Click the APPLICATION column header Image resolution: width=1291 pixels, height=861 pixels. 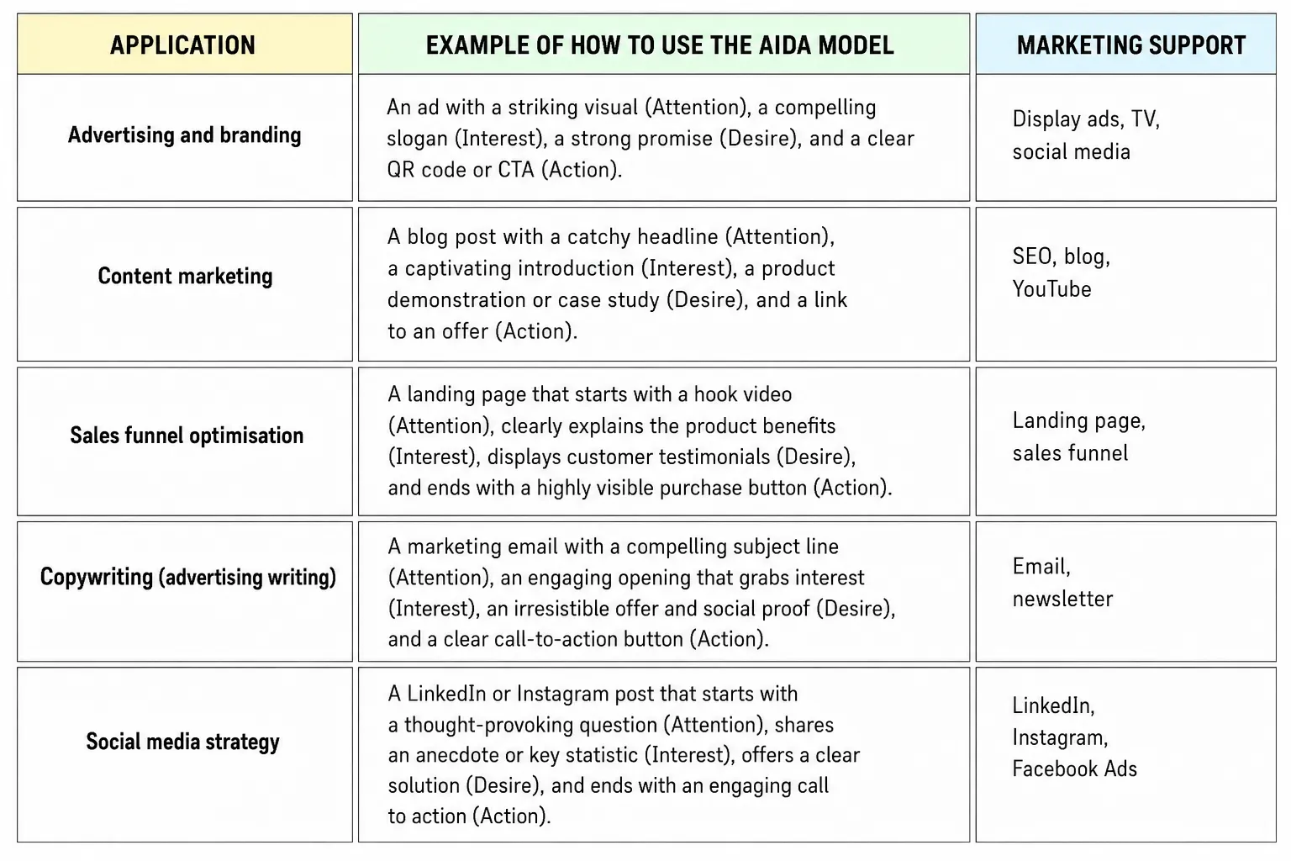pyautogui.click(x=182, y=45)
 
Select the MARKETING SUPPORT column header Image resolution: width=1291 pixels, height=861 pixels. pyautogui.click(x=1130, y=45)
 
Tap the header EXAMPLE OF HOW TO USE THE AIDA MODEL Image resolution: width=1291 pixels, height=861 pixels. pyautogui.click(x=660, y=45)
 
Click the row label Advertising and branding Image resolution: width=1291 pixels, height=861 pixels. pyautogui.click(x=184, y=135)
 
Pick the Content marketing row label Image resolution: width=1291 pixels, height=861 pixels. pyautogui.click(x=185, y=277)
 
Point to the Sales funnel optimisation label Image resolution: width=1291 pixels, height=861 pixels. pyautogui.click(x=187, y=436)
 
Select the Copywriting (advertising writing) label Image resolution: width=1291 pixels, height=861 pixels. pyautogui.click(x=188, y=577)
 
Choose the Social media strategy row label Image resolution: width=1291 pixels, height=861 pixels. pyautogui.click(x=182, y=742)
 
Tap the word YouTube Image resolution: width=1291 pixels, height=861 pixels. pyautogui.click(x=1051, y=289)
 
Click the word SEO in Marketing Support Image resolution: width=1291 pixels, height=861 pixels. pyautogui.click(x=1031, y=256)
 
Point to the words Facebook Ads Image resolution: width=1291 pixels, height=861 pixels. pyautogui.click(x=1074, y=769)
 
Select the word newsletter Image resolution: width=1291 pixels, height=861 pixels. pyautogui.click(x=1062, y=600)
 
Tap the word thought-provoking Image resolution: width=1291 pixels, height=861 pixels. pyautogui.click(x=488, y=725)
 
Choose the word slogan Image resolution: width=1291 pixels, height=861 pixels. pyautogui.click(x=417, y=139)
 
